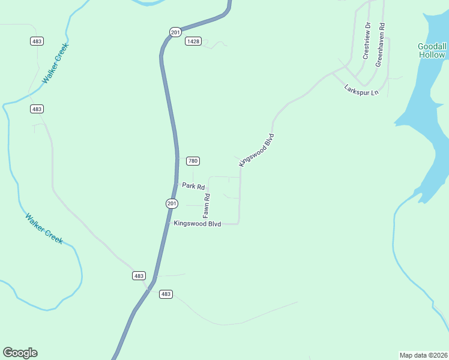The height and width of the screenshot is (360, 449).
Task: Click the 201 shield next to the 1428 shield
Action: coord(175,32)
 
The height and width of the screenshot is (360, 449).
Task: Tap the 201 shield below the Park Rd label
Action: coord(172,204)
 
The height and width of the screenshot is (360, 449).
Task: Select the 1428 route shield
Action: coord(193,41)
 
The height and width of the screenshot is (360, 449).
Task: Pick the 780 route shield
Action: coord(193,161)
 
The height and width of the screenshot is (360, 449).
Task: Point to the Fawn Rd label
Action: coord(206,205)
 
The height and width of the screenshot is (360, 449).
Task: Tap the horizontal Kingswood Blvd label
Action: coord(197,224)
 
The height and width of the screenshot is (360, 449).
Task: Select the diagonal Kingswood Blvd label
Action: coord(256,150)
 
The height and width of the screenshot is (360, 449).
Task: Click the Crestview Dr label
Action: coord(366,41)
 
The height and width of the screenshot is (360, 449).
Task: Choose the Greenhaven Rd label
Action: coord(380,45)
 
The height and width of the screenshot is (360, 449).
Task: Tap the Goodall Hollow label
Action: coord(432,50)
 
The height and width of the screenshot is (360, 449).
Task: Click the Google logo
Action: coord(20,353)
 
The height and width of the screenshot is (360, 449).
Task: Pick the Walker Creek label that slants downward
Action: coord(44,228)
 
